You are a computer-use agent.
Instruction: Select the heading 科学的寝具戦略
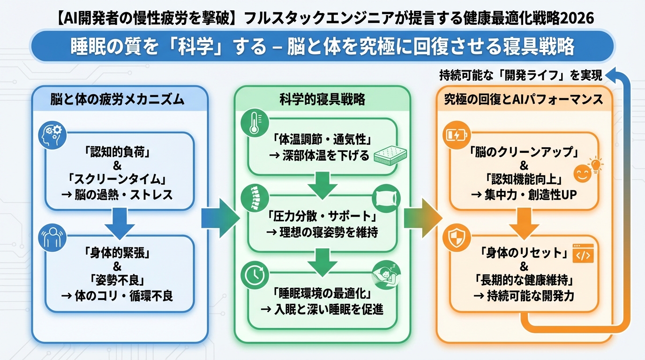coord(322,100)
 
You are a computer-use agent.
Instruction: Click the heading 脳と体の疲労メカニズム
coord(117,100)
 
